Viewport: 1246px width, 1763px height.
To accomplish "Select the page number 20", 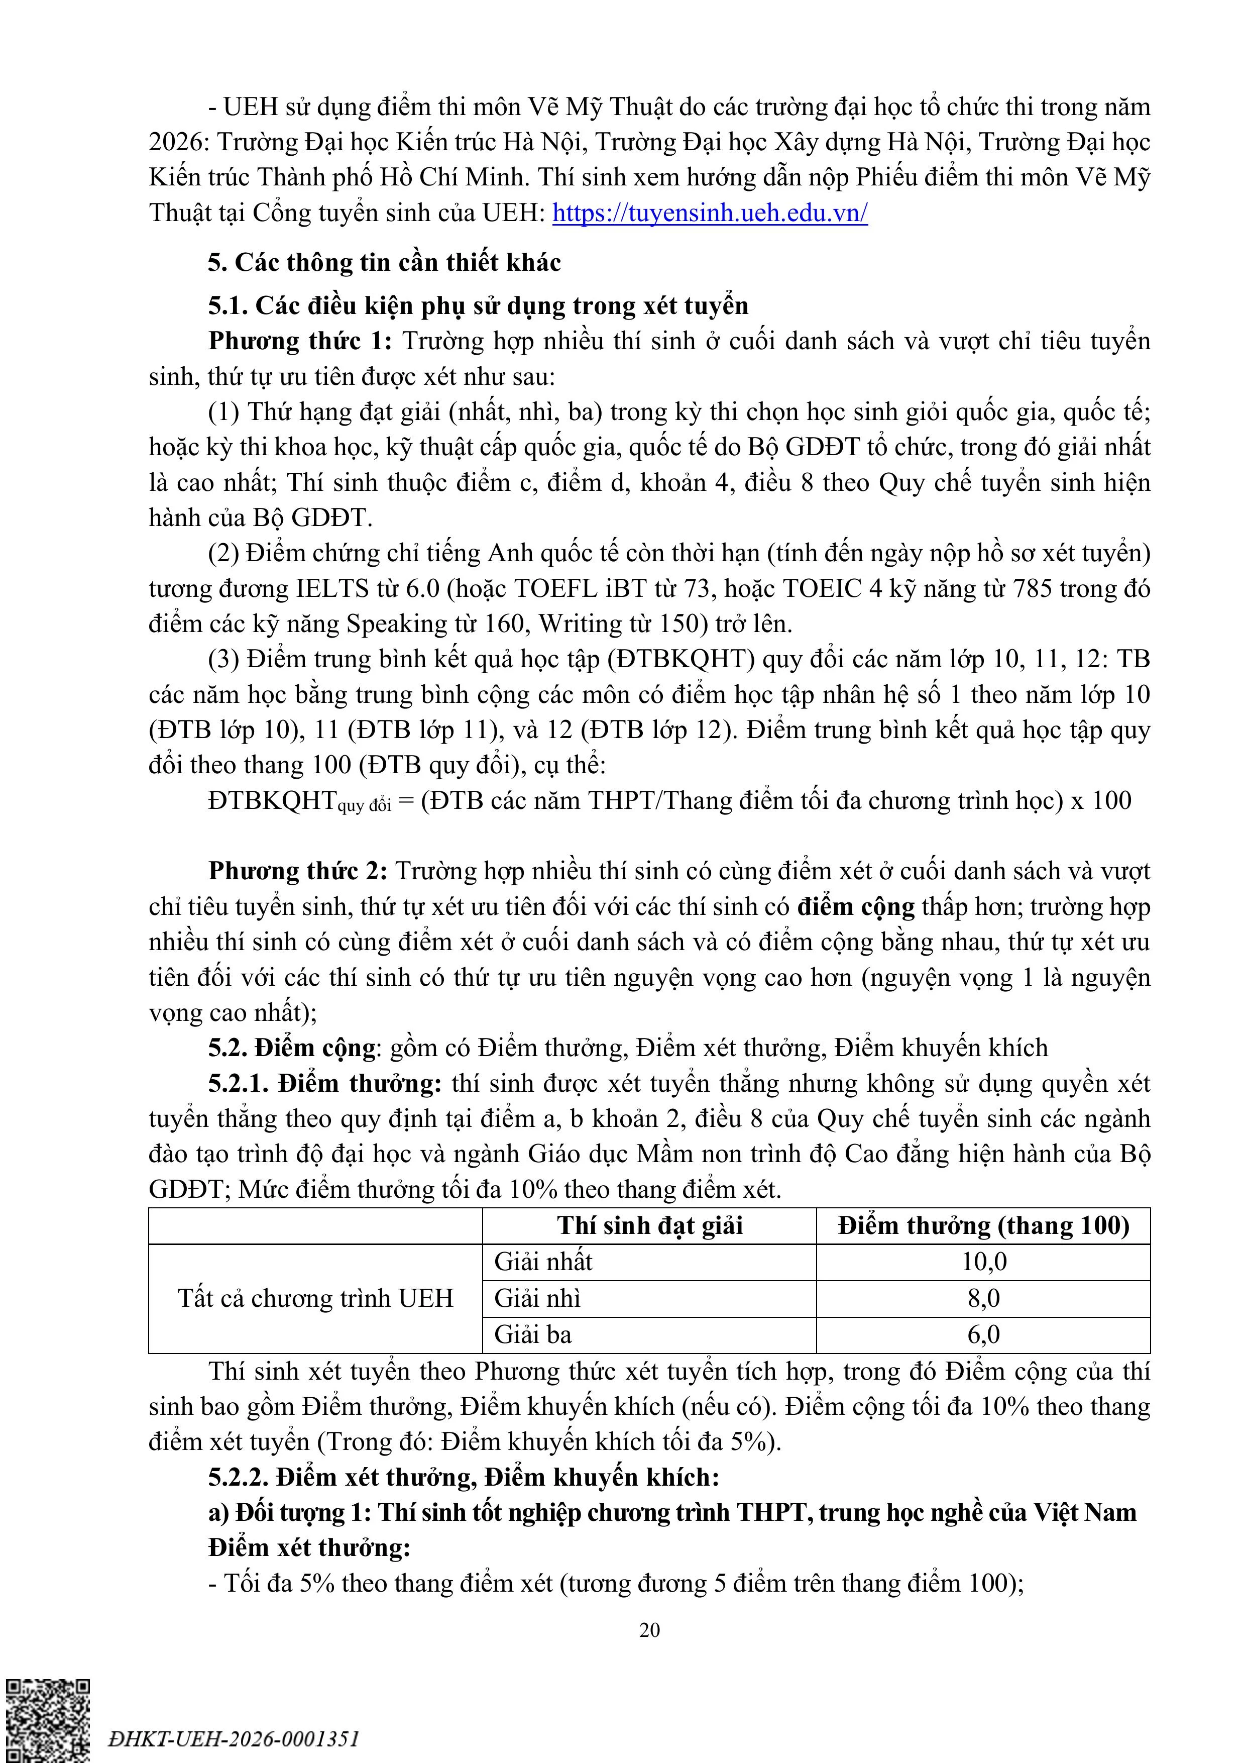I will pos(649,1629).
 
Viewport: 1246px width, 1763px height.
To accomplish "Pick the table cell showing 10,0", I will pos(983,1262).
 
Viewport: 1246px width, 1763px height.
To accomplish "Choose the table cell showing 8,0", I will pos(983,1298).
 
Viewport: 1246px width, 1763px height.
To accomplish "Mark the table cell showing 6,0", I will pos(983,1334).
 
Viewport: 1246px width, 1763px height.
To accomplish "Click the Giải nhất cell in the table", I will pos(543,1262).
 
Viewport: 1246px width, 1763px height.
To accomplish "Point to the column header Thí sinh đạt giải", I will pos(649,1225).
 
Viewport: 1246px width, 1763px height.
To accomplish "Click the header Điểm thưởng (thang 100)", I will pos(983,1225).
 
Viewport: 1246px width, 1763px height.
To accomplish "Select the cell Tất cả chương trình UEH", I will pos(315,1298).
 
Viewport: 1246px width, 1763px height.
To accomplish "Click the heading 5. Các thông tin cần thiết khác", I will pos(384,263).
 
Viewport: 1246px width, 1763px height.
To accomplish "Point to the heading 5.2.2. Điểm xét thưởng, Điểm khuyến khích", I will pos(463,1477).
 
